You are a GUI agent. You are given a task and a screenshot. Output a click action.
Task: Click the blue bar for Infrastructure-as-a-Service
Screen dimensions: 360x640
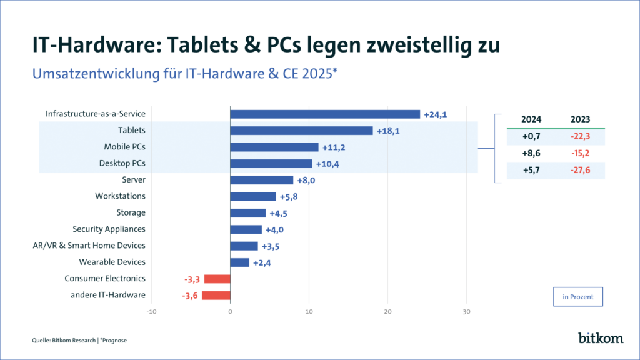click(x=325, y=114)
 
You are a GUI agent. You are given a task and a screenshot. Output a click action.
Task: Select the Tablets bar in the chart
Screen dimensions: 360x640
click(x=301, y=131)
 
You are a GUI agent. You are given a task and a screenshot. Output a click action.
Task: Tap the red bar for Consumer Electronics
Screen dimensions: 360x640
click(x=217, y=279)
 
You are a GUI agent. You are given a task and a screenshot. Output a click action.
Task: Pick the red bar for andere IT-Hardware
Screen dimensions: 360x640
click(x=216, y=295)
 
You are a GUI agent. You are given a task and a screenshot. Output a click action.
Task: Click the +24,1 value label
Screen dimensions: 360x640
click(x=436, y=114)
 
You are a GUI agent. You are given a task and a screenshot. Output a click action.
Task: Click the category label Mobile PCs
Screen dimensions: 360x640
click(x=124, y=147)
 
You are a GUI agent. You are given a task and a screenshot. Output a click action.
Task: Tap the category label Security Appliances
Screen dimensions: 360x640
click(x=109, y=229)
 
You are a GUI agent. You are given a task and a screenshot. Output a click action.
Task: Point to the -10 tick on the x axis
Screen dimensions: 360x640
click(x=151, y=312)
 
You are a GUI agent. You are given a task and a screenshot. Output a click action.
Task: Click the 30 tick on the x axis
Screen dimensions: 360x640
click(x=466, y=312)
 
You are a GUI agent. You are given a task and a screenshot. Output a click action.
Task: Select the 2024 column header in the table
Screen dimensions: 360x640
click(x=531, y=119)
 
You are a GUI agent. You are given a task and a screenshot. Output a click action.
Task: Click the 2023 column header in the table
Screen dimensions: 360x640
click(x=581, y=119)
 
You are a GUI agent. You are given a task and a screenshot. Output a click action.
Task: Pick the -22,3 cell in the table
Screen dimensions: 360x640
click(x=581, y=136)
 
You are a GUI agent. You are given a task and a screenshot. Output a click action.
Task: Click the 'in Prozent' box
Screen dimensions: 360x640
click(x=578, y=297)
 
